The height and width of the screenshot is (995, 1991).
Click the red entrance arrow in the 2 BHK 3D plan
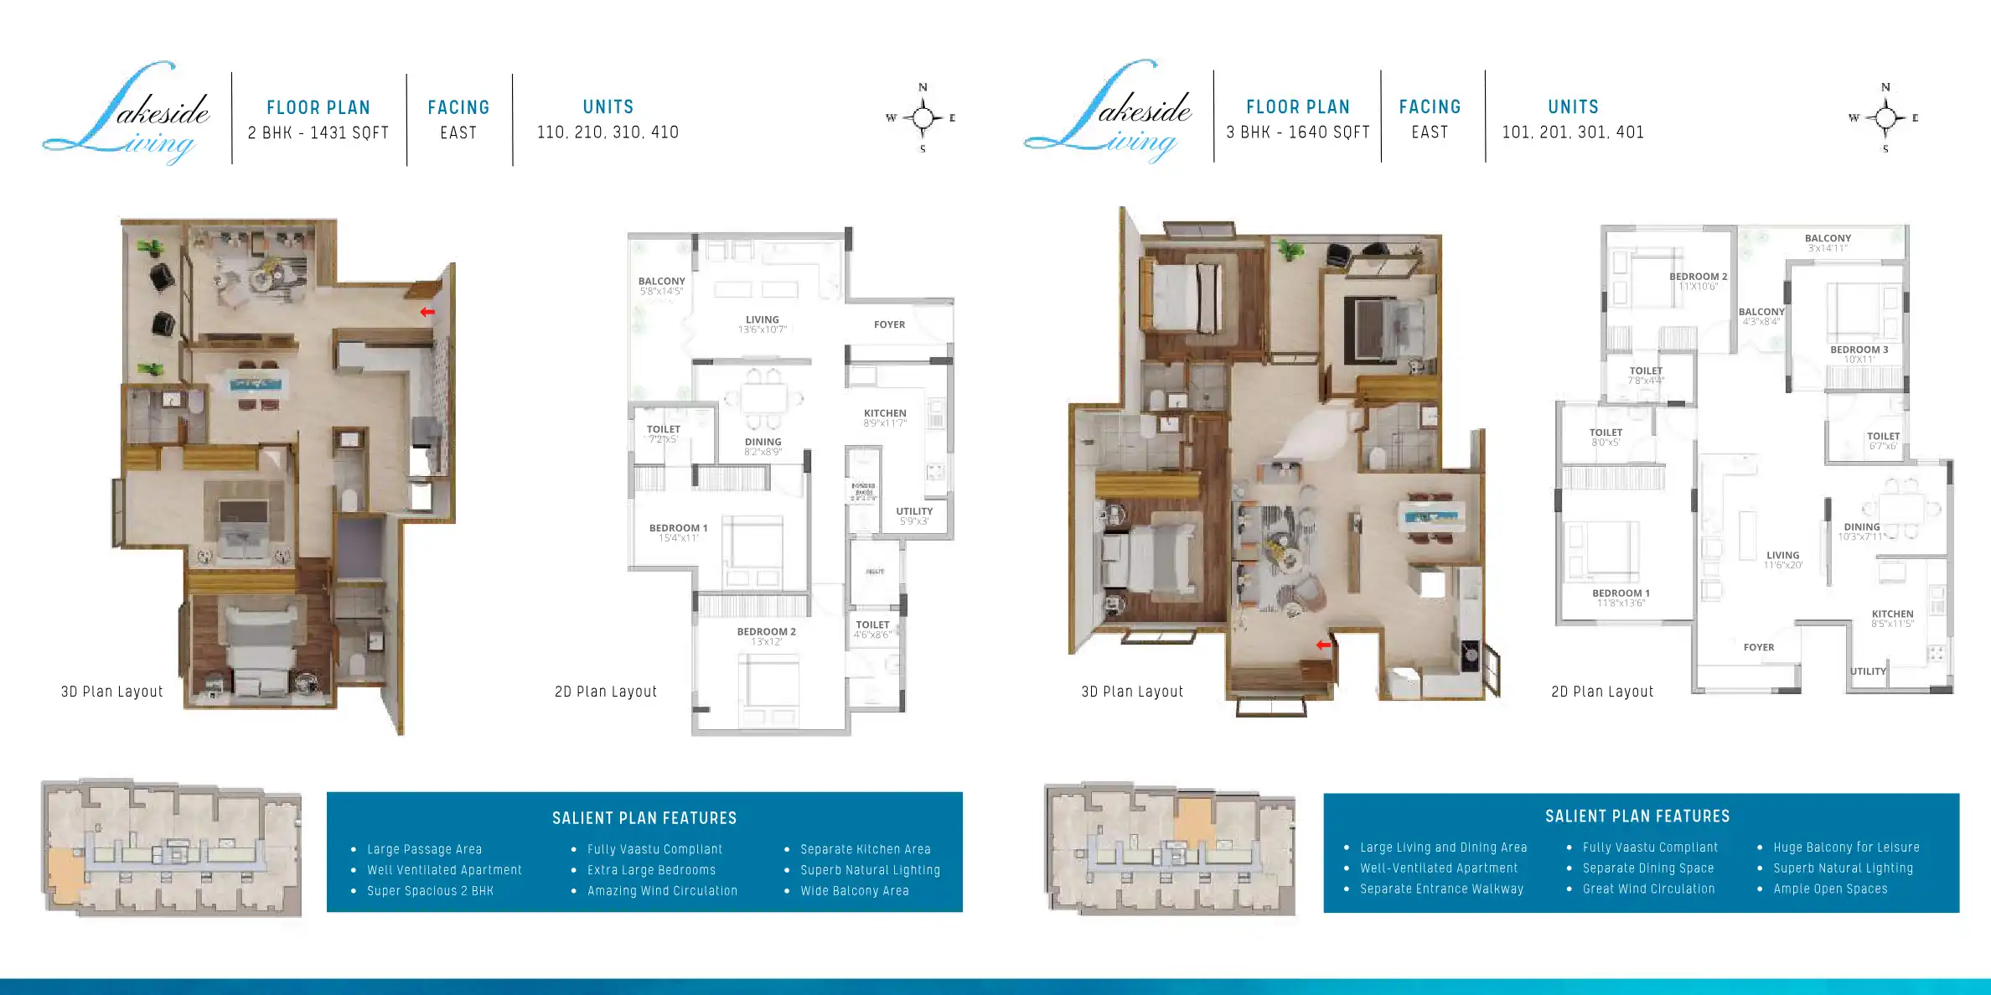[427, 312]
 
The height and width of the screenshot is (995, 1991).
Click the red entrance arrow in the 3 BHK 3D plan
[1323, 645]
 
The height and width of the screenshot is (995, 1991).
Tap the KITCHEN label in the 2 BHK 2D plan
[885, 413]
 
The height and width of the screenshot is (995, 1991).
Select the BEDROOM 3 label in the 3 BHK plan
[1859, 350]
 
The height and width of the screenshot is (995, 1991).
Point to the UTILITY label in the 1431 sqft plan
[913, 511]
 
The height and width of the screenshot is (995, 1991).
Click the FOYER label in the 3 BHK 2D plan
[1758, 647]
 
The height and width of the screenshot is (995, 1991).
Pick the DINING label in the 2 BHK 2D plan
[763, 442]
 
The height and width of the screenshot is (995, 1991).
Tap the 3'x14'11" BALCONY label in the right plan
[1828, 239]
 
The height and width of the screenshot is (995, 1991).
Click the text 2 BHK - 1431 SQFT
[318, 132]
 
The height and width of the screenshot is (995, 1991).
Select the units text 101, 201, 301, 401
[1573, 132]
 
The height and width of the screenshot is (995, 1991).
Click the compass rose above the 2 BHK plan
[923, 118]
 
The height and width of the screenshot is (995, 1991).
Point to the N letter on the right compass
[1885, 87]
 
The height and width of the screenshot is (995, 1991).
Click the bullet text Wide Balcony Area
[854, 891]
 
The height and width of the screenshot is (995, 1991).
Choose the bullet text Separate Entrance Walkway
[1441, 889]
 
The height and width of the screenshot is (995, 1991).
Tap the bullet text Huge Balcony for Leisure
[1846, 847]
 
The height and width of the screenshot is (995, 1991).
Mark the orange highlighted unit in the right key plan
[1193, 821]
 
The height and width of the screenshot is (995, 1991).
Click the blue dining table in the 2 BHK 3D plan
[257, 386]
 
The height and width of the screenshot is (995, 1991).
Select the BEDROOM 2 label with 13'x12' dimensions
[766, 632]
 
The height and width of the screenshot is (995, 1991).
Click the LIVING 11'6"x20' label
[1782, 556]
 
